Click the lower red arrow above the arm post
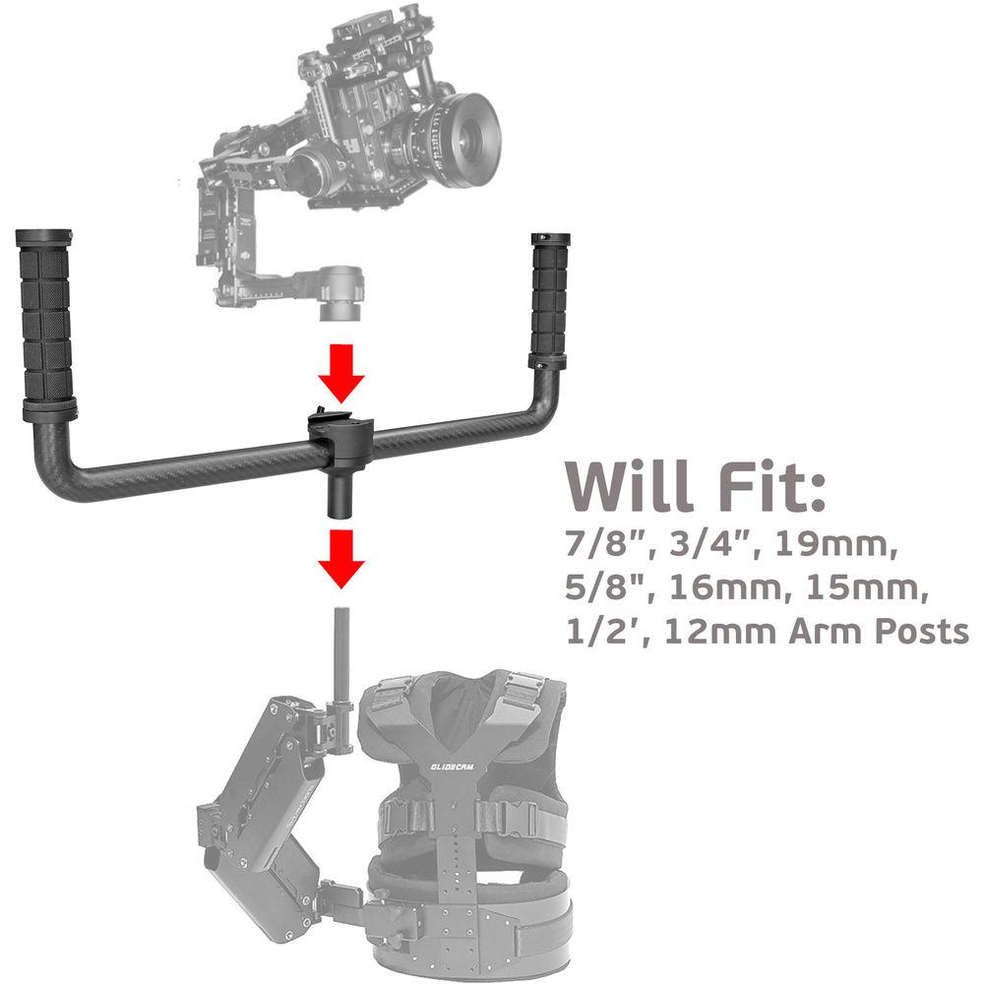pyautogui.click(x=340, y=557)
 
